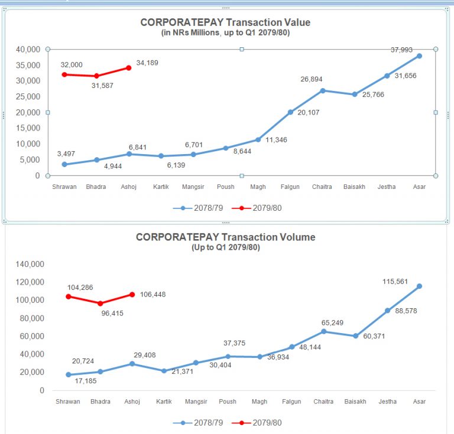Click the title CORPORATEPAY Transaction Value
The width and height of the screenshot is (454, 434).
(x=225, y=22)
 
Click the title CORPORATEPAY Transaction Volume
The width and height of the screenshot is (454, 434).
(x=225, y=237)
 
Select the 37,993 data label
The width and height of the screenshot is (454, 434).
(x=401, y=50)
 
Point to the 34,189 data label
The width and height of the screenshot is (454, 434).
(x=147, y=63)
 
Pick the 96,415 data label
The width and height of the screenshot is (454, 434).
(x=112, y=314)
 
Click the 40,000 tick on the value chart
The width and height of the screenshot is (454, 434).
(x=28, y=49)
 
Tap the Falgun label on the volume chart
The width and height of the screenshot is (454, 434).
(x=291, y=402)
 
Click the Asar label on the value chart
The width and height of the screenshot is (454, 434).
(x=419, y=187)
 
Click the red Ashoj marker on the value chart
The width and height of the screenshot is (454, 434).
(x=128, y=68)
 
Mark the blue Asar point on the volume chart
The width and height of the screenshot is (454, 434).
(x=419, y=286)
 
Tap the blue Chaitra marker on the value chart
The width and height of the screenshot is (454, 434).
(x=323, y=90)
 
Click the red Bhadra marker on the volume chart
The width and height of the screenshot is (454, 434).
(x=100, y=303)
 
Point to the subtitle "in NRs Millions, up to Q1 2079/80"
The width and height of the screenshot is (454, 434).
(x=225, y=33)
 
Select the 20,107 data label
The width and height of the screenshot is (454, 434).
(x=308, y=112)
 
